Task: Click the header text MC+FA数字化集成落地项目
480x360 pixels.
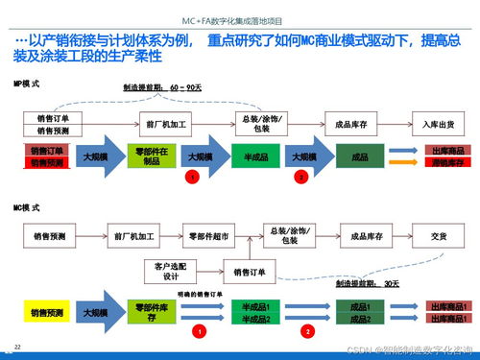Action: click(x=239, y=18)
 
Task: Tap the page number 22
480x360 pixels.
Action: click(x=16, y=343)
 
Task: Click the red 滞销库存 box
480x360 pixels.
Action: click(x=448, y=163)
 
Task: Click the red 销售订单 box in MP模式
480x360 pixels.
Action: click(x=47, y=151)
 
